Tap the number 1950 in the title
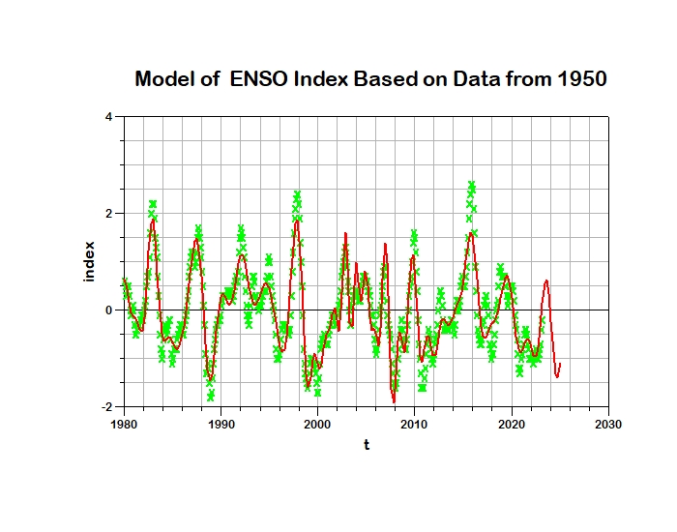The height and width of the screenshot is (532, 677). pyautogui.click(x=580, y=79)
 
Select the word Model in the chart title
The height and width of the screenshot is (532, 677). pyautogui.click(x=164, y=79)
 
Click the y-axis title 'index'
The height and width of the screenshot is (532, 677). pyautogui.click(x=89, y=261)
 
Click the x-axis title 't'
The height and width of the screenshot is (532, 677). pyautogui.click(x=367, y=445)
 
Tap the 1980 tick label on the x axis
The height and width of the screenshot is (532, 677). pyautogui.click(x=124, y=424)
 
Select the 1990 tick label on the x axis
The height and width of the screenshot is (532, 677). pyautogui.click(x=221, y=424)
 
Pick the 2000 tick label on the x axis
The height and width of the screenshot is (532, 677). pyautogui.click(x=317, y=424)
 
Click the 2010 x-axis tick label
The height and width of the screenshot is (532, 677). pyautogui.click(x=415, y=424)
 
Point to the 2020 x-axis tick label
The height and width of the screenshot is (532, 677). pyautogui.click(x=512, y=424)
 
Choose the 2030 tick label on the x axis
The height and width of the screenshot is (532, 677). pyautogui.click(x=608, y=424)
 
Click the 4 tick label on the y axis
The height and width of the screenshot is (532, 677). pyautogui.click(x=109, y=117)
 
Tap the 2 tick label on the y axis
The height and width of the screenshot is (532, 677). pyautogui.click(x=109, y=214)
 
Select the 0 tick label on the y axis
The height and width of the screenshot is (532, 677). pyautogui.click(x=109, y=310)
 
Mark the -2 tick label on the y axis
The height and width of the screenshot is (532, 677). pyautogui.click(x=106, y=407)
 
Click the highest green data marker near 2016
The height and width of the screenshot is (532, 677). pyautogui.click(x=472, y=185)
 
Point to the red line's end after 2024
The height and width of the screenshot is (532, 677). pyautogui.click(x=560, y=364)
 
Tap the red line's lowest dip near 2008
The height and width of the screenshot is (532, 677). pyautogui.click(x=394, y=400)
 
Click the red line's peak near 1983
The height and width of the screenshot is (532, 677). pyautogui.click(x=153, y=220)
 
